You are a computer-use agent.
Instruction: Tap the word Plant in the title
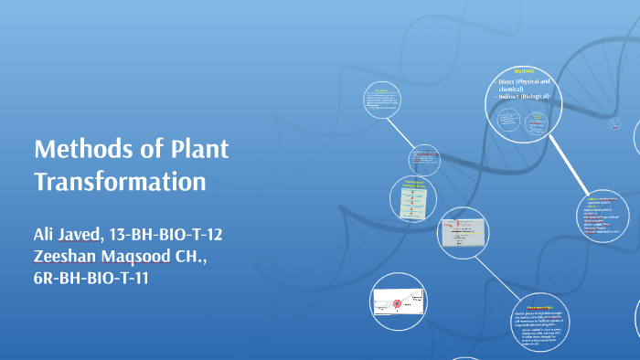[197, 149]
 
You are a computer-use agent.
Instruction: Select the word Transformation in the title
[120, 181]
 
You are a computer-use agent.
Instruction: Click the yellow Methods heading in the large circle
[525, 70]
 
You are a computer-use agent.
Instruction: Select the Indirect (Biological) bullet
[531, 95]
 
